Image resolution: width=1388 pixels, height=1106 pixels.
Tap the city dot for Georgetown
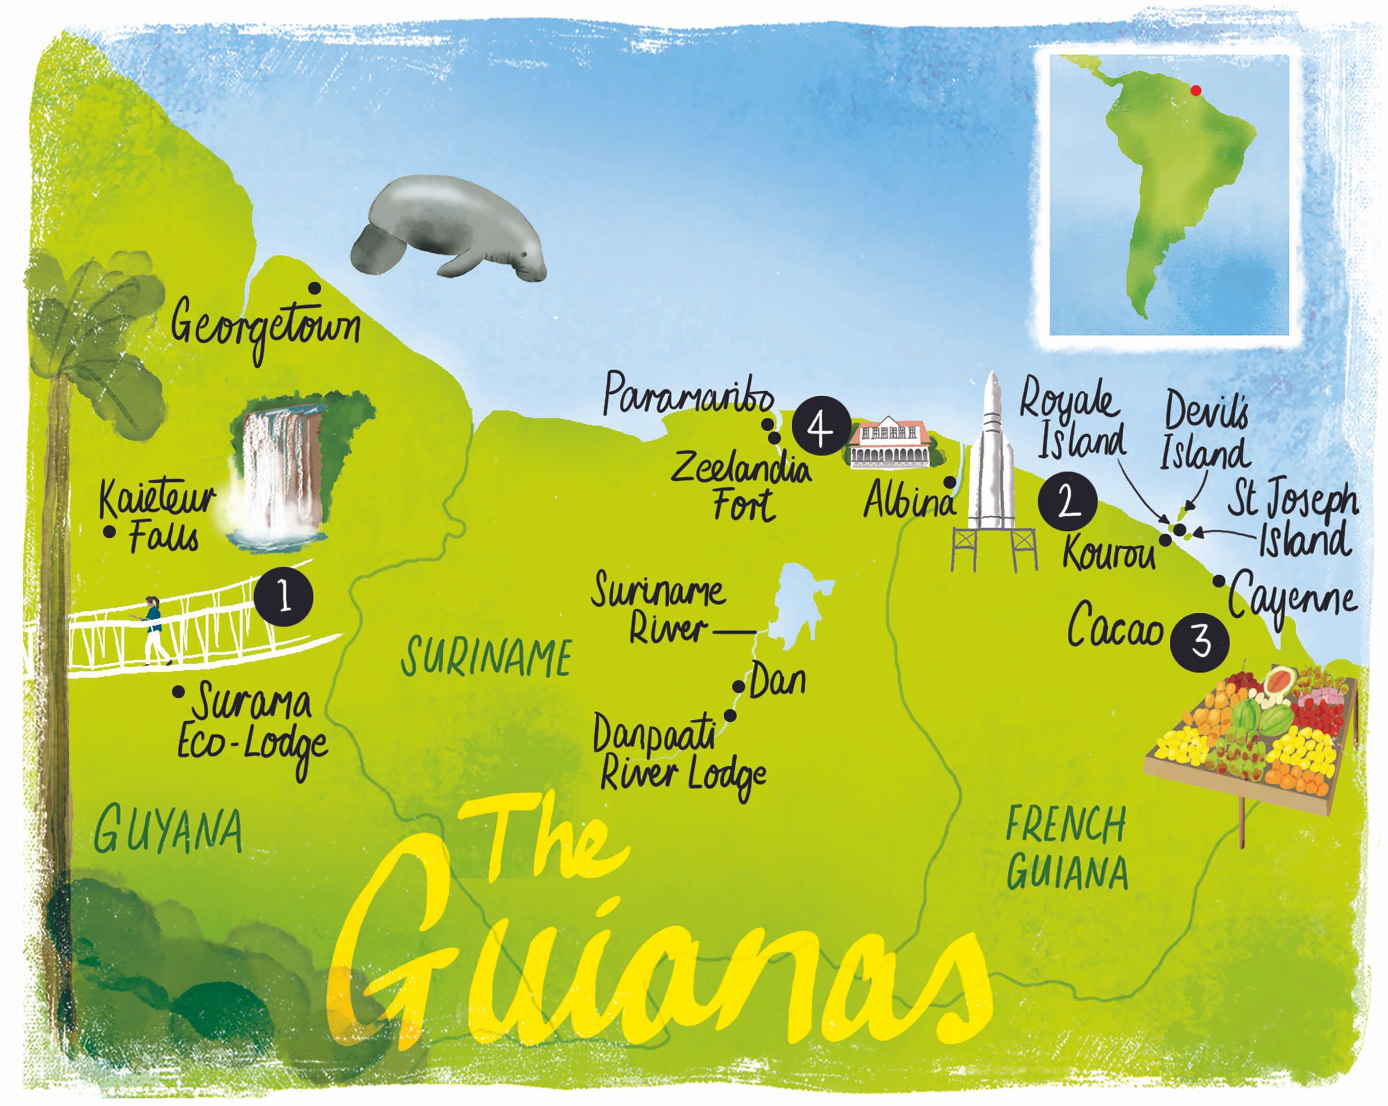315,288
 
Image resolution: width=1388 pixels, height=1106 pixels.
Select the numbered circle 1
283,597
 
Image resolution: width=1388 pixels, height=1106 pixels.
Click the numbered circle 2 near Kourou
1067,501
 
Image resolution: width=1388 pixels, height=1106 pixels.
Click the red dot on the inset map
1196,91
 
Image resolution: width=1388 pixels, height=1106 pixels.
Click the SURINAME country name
486,657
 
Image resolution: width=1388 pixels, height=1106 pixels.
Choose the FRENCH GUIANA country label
1067,849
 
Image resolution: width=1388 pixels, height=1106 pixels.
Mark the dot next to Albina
950,482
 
